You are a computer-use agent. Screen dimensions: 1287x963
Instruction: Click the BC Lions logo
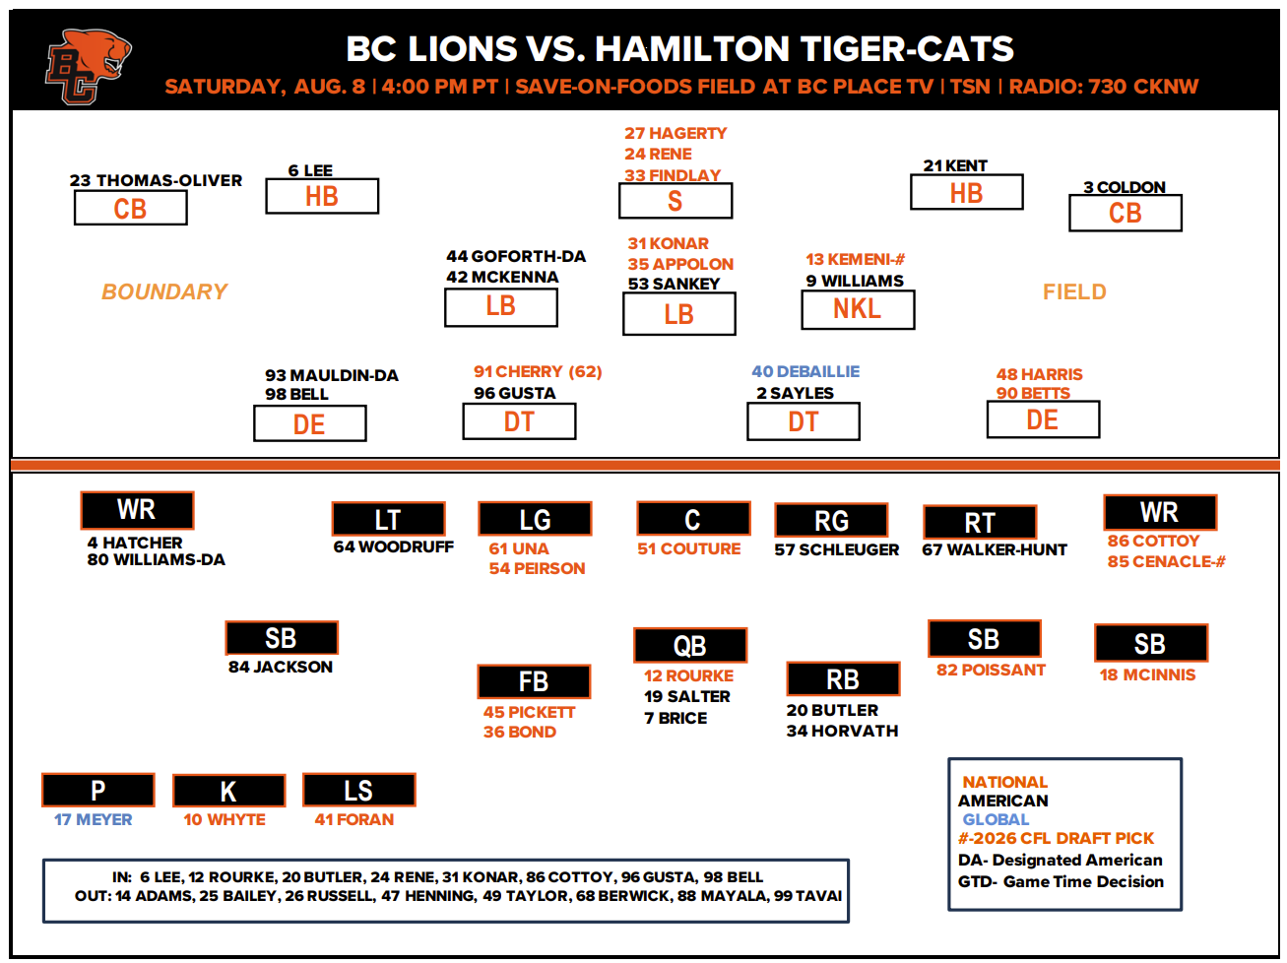[x=88, y=66]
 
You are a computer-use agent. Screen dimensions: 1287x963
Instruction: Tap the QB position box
[x=689, y=645]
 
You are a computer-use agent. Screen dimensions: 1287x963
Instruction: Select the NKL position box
[x=858, y=309]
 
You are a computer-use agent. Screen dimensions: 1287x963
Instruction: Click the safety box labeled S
[x=675, y=201]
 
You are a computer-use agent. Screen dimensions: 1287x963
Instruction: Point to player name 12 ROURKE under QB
[x=688, y=675]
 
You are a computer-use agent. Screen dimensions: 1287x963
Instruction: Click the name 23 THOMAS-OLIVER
[x=156, y=180]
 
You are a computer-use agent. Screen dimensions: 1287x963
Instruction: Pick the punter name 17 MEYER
[x=93, y=819]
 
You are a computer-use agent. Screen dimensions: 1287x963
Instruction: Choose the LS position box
[x=358, y=790]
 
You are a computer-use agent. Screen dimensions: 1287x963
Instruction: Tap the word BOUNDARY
[x=164, y=291]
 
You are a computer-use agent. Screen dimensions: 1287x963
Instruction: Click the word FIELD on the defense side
[x=1074, y=291]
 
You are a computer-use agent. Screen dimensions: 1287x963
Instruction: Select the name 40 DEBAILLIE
[x=805, y=371]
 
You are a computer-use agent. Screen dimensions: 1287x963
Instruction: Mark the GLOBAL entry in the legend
[x=996, y=819]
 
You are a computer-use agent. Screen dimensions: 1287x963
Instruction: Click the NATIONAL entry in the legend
[x=1005, y=781]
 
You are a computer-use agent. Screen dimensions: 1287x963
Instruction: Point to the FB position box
[x=534, y=681]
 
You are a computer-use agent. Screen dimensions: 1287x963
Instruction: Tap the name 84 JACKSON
[x=281, y=667]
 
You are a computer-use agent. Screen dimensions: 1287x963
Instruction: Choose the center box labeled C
[x=693, y=518]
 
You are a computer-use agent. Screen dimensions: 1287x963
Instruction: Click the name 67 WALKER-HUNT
[x=994, y=549]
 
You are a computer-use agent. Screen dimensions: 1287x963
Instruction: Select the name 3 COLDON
[x=1124, y=187]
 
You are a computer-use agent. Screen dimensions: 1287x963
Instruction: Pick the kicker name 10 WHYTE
[x=224, y=819]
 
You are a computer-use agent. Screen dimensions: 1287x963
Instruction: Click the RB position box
[x=843, y=678]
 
